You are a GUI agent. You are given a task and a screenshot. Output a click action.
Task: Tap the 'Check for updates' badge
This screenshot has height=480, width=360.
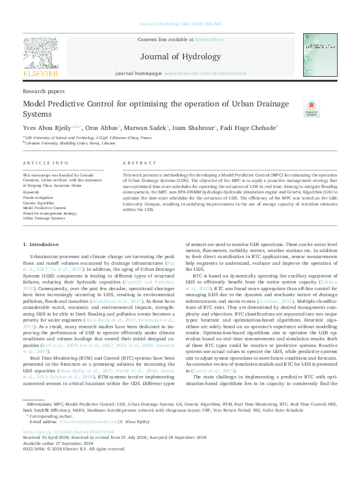click(x=311, y=108)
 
